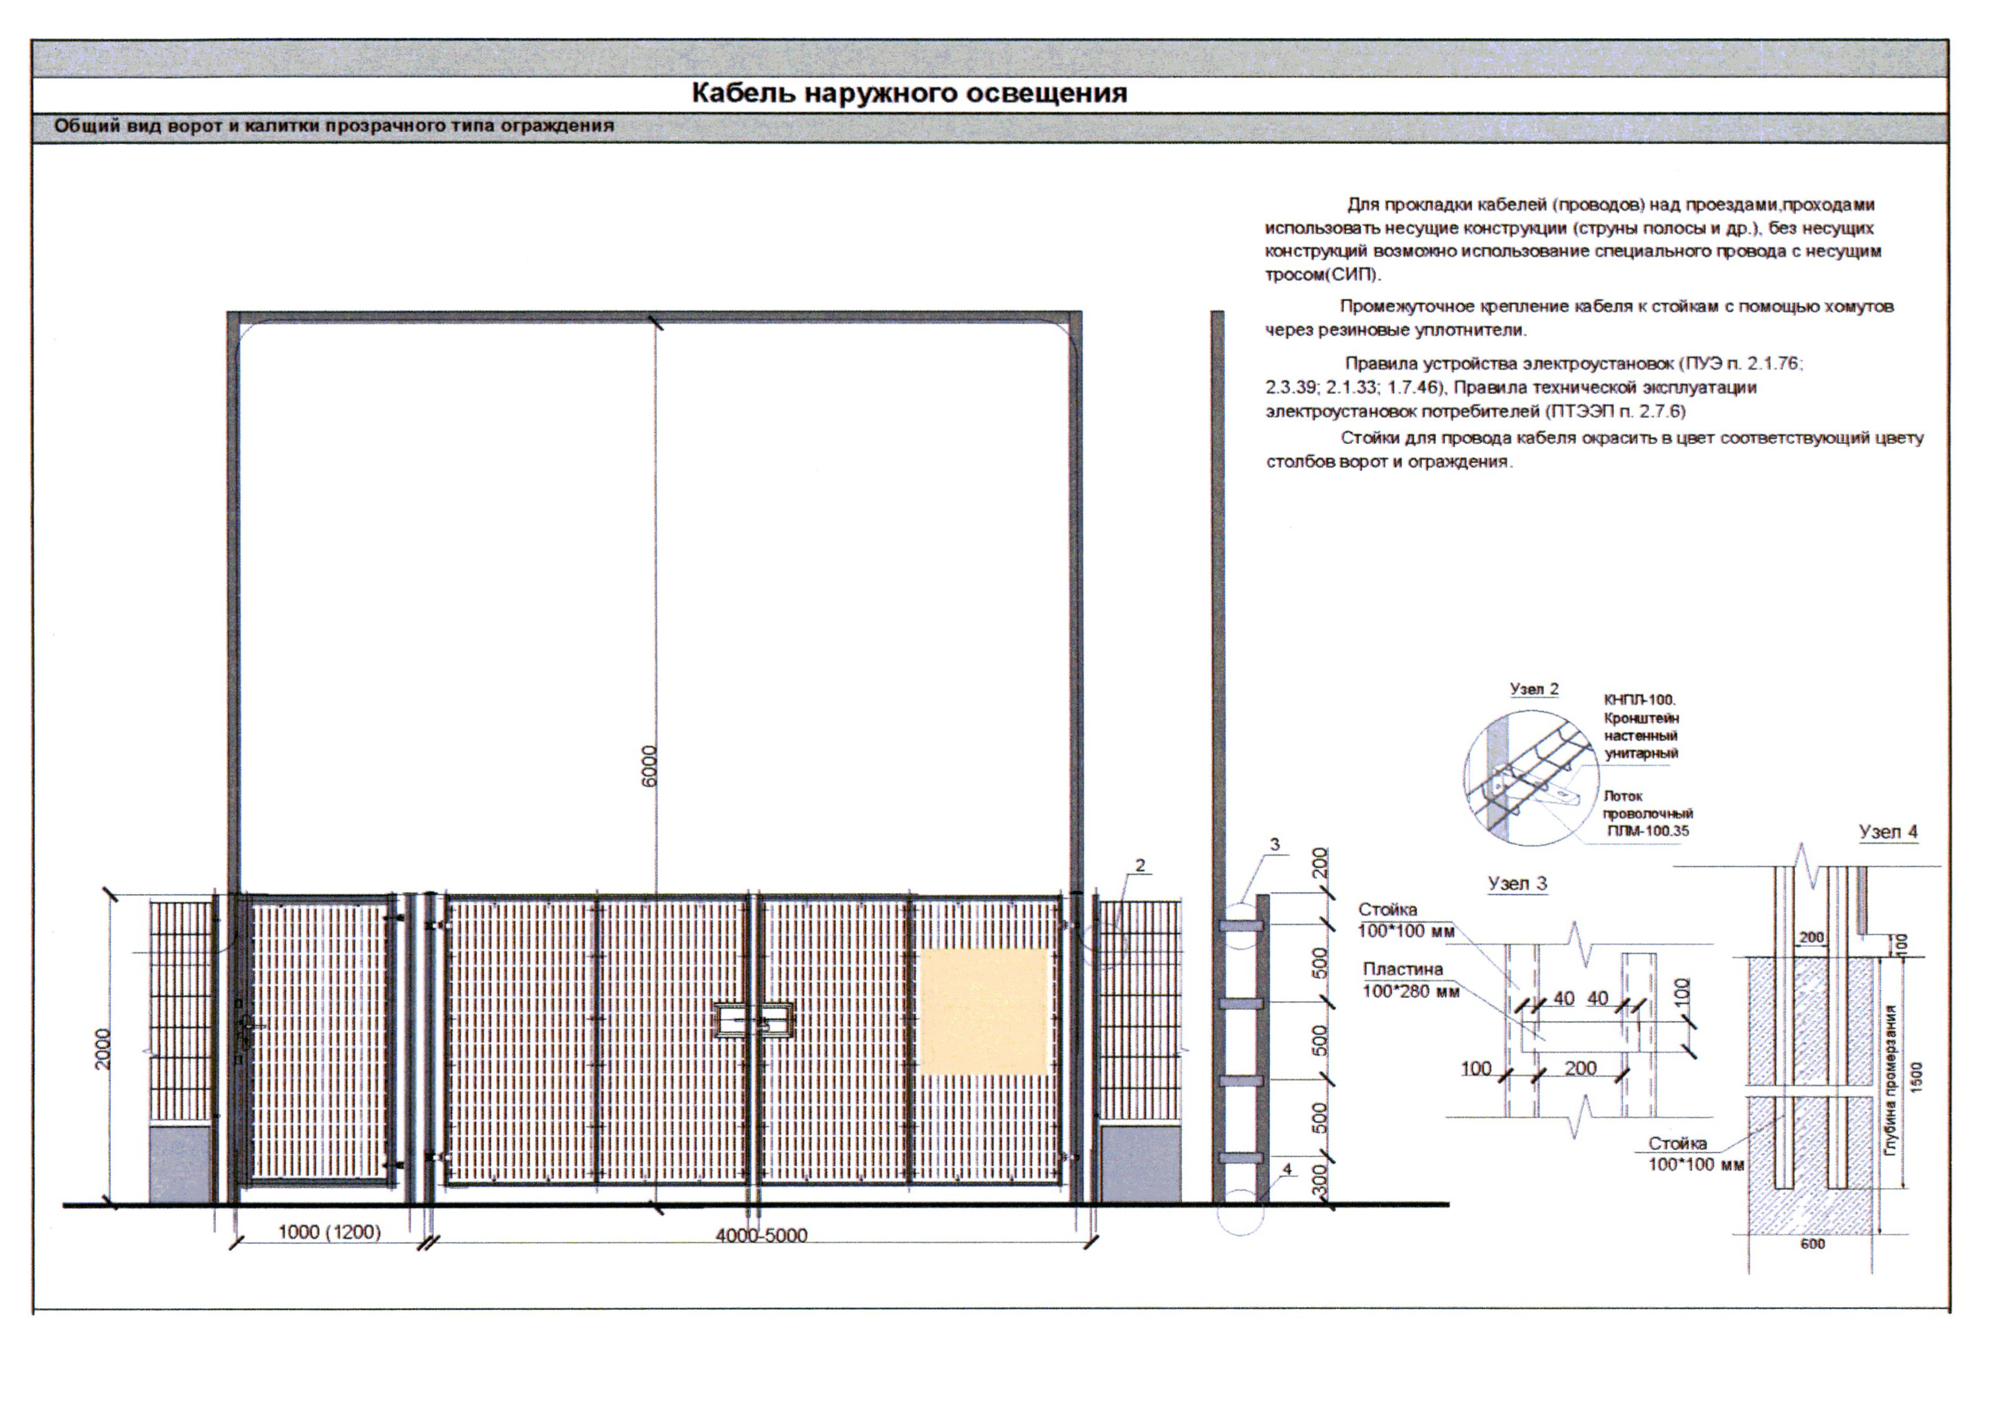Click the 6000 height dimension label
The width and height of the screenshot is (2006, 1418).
click(x=649, y=766)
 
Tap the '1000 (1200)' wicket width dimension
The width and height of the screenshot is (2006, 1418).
click(x=329, y=1232)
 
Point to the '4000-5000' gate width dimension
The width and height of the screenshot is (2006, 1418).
click(x=761, y=1236)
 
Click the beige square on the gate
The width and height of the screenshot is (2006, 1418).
click(x=984, y=1011)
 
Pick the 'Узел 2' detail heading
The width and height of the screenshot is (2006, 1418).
click(x=1534, y=689)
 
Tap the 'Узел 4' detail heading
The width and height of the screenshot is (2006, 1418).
click(x=1888, y=832)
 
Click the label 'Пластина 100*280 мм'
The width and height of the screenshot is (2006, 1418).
click(x=1410, y=979)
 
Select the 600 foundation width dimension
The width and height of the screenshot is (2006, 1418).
click(x=1813, y=1244)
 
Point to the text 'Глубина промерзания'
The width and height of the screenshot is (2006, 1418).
click(x=1890, y=1081)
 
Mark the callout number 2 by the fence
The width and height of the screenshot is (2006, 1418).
click(x=1140, y=865)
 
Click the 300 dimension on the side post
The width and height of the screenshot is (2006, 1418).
click(x=1320, y=1181)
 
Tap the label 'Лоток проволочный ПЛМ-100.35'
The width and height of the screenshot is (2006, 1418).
click(x=1647, y=813)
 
